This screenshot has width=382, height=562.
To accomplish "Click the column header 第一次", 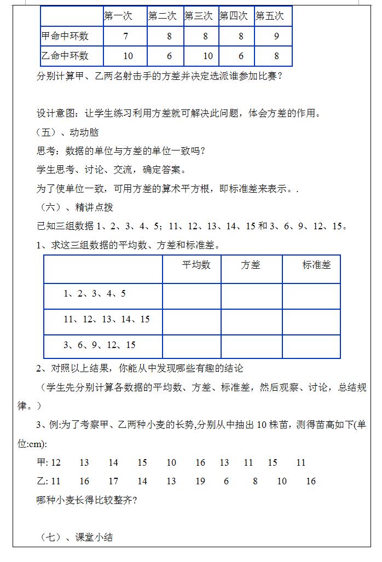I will point(118,16).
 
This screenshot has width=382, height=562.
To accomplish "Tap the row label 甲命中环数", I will point(65,36).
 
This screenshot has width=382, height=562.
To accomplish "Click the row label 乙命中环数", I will point(65,56).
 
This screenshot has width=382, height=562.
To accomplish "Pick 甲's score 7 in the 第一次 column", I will point(126,36).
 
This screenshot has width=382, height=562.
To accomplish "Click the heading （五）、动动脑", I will point(67,132).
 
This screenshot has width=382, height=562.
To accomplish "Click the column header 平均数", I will point(196,265).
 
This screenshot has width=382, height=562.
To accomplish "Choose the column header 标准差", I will point(317,265).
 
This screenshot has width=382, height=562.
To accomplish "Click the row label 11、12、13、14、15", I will point(107,319).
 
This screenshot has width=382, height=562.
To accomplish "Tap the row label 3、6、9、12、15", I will point(100,345).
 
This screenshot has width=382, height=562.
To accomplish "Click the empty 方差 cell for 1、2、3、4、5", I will point(251,296).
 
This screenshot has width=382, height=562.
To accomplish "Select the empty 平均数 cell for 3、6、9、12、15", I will point(192,346).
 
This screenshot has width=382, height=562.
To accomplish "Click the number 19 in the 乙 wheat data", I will point(200,481).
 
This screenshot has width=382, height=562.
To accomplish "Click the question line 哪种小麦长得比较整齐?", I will point(86,500).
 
